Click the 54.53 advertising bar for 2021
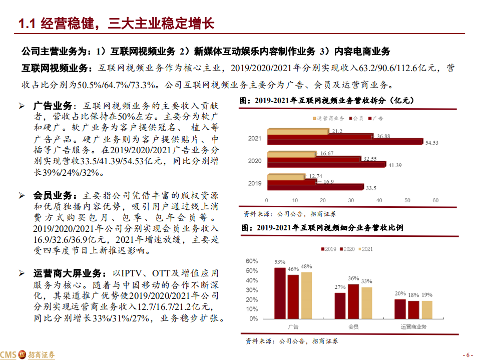[x=345, y=141]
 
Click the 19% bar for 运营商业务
[x=426, y=309]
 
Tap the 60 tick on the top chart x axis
[x=435, y=200]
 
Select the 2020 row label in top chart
[x=255, y=161]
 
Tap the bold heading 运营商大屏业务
[x=70, y=273]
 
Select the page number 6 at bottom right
[x=468, y=354]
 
